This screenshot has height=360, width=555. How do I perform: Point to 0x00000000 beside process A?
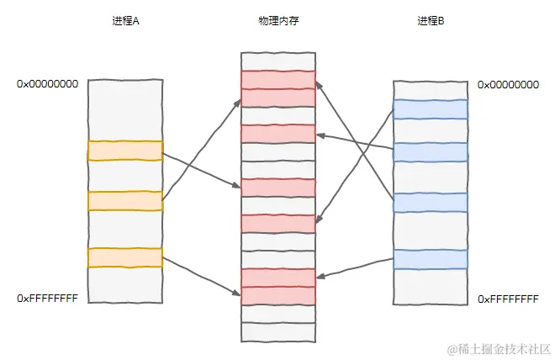click(x=48, y=85)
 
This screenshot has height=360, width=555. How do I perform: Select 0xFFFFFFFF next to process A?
click(x=48, y=299)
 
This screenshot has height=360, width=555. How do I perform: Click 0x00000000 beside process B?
click(x=508, y=85)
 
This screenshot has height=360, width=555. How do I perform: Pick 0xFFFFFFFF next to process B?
click(x=508, y=299)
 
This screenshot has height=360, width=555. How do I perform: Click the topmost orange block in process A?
click(x=125, y=151)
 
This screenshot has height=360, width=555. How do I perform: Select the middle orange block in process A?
click(x=125, y=201)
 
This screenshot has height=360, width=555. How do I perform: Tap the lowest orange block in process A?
click(x=125, y=257)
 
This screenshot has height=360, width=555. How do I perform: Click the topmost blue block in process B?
click(x=431, y=109)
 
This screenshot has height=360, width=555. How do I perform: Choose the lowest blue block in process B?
click(x=431, y=259)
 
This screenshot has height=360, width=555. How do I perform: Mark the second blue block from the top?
click(x=431, y=152)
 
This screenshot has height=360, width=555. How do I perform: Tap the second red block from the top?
click(x=278, y=134)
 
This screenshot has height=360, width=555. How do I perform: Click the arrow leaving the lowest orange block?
click(x=202, y=276)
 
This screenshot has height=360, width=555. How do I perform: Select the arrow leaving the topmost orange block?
click(x=202, y=169)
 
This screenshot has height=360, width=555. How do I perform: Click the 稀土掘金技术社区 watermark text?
click(x=499, y=348)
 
